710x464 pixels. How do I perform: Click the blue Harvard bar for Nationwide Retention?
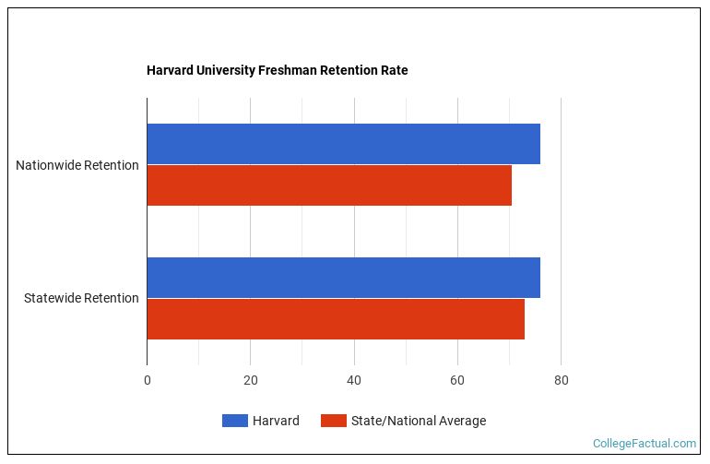[343, 144]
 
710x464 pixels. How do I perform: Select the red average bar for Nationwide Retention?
[329, 185]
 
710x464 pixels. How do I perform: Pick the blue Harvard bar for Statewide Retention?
[343, 278]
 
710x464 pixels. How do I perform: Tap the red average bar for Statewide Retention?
[336, 319]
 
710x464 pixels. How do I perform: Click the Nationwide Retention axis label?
[77, 165]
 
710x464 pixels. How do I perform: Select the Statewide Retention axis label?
[81, 298]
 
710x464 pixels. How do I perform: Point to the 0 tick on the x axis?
[148, 380]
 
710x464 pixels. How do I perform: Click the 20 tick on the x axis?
[251, 380]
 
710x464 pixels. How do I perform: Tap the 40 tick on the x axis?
[354, 380]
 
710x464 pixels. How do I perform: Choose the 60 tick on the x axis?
[457, 380]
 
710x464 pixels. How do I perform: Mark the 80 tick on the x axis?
[561, 380]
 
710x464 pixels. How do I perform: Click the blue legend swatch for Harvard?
[235, 421]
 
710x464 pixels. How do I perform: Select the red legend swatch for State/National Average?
[334, 421]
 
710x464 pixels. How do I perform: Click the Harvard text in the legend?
[277, 421]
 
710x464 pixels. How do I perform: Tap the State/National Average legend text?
[418, 421]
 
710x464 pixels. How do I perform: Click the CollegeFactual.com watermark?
[644, 444]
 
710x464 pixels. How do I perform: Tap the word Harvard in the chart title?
[169, 70]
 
